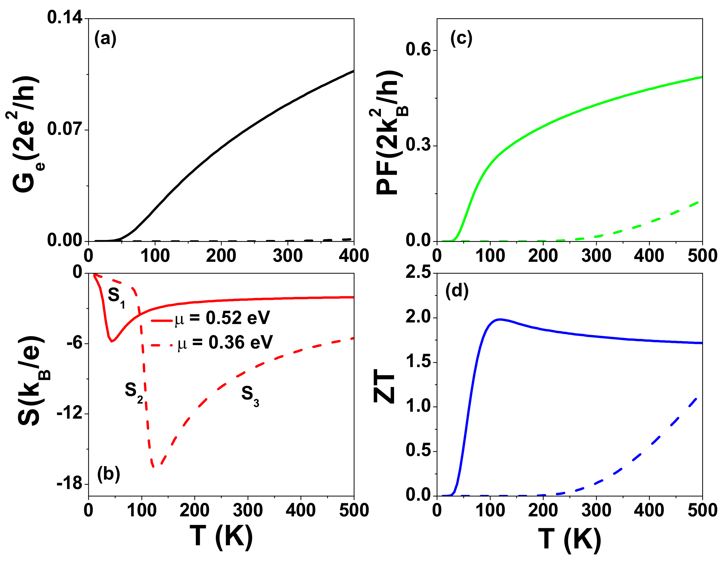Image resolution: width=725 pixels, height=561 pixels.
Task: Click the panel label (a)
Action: point(105,39)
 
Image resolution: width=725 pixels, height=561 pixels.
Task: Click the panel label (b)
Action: point(108,474)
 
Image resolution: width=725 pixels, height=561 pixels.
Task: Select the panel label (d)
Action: point(457,291)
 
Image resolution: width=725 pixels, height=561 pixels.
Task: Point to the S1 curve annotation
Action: point(117,296)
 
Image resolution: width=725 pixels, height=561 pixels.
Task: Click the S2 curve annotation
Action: point(134,392)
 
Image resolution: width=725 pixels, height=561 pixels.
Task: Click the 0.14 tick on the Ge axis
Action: point(65,17)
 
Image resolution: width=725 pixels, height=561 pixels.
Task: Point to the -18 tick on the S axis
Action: point(69,484)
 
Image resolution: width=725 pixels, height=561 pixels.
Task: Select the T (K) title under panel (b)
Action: point(221,536)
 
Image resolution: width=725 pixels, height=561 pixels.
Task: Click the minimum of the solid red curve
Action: point(112,341)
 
